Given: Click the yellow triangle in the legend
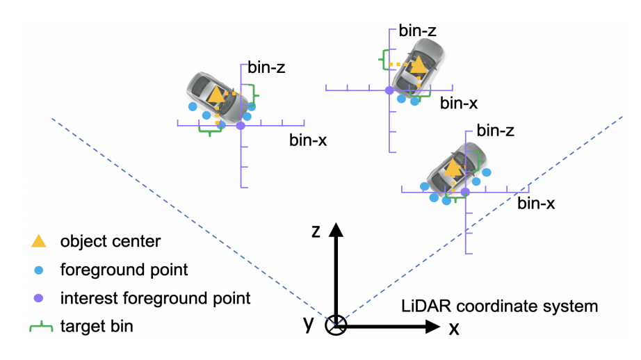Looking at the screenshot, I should point(40,241).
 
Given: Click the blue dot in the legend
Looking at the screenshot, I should point(40,270).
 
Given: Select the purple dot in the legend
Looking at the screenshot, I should point(40,298).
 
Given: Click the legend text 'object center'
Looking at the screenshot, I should point(111,242).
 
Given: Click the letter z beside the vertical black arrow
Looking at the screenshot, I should point(316,231).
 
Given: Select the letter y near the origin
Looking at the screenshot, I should point(309,323).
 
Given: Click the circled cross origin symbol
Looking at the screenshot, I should point(336,325).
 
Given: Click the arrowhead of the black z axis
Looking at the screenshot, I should point(336,230).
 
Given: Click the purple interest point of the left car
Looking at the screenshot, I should point(241,126).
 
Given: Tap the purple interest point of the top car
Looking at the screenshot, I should point(389,90).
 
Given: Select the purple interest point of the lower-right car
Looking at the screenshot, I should point(466,192).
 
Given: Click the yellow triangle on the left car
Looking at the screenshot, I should point(217,95).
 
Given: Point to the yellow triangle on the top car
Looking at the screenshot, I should point(418,65).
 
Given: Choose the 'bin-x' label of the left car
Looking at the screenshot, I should point(308,140).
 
